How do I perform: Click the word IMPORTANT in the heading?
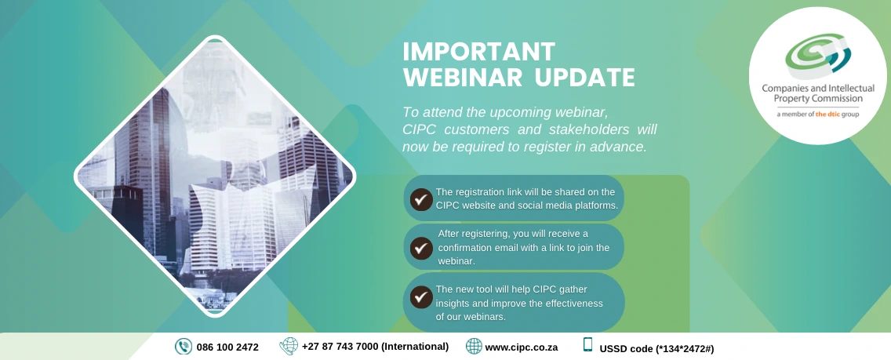pos(478,52)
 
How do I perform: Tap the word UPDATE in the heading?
pos(585,78)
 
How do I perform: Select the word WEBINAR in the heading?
pos(464,78)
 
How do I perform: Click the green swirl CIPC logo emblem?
pos(818,55)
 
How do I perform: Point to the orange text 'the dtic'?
pos(828,115)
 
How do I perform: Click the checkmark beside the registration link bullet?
pos(421,199)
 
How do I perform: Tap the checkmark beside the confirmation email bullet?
pos(421,248)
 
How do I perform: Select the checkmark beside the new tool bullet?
pos(421,296)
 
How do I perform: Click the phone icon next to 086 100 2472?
pos(183,347)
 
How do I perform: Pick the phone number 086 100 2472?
pos(227,347)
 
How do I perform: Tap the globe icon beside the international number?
pos(289,346)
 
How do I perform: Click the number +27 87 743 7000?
pos(340,347)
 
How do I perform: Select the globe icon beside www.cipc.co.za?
pos(474,346)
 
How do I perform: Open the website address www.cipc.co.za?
pos(521,347)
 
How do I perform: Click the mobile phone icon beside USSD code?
pos(587,344)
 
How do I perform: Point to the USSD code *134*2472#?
pos(685,348)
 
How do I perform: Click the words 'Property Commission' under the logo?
pos(818,99)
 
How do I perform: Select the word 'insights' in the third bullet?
pos(453,304)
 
